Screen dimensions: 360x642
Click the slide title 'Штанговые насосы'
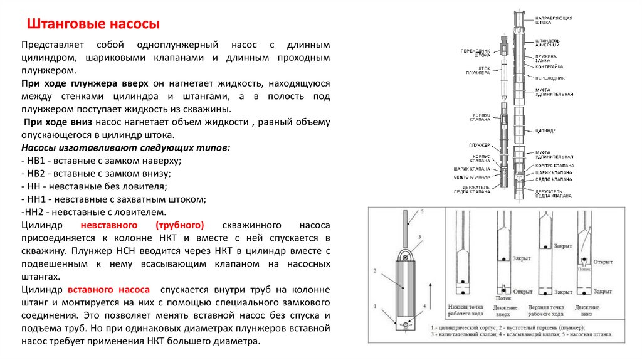point(92,24)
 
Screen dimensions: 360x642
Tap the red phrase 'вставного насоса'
point(108,290)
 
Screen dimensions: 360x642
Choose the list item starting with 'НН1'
point(113,199)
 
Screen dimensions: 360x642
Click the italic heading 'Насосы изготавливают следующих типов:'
point(125,147)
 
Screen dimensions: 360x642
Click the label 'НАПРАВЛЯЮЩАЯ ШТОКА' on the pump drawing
point(554,20)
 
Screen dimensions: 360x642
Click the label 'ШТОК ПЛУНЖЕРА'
point(479,70)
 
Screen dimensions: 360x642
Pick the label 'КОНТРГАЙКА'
point(549,66)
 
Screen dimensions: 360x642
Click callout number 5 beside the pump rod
point(422,212)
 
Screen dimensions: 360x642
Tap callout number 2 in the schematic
point(374,270)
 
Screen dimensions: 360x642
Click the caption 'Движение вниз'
point(586,310)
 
